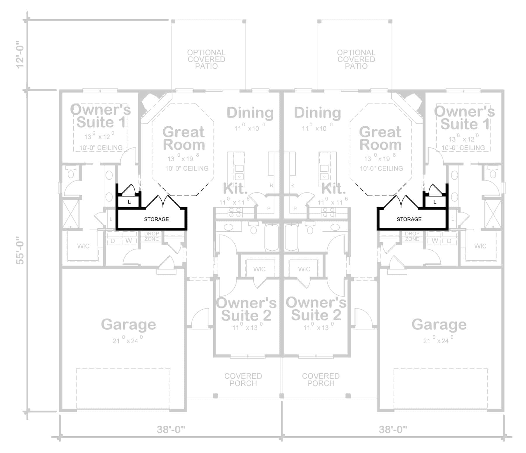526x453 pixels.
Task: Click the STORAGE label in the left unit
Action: point(156,219)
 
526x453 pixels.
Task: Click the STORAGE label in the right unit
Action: point(409,219)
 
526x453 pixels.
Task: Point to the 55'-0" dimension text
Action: point(20,251)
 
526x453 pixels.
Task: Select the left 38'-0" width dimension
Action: point(171,429)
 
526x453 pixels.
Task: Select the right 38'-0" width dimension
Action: point(393,429)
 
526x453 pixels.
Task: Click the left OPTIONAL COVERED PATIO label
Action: point(206,59)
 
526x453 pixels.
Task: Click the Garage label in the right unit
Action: point(439,324)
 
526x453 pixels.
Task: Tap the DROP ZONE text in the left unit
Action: point(151,236)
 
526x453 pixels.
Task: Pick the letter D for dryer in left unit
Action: point(113,241)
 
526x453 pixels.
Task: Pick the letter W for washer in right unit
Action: point(435,241)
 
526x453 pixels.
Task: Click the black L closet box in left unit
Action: point(129,202)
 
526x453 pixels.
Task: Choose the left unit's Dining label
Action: point(250,113)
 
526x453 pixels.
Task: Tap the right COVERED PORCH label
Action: point(321,380)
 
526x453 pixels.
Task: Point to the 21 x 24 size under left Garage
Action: point(128,340)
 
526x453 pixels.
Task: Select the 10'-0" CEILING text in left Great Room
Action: point(187,168)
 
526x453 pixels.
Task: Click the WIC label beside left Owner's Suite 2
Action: point(259,269)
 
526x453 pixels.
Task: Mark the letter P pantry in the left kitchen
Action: point(269,209)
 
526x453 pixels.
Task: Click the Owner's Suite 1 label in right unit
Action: point(464,118)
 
